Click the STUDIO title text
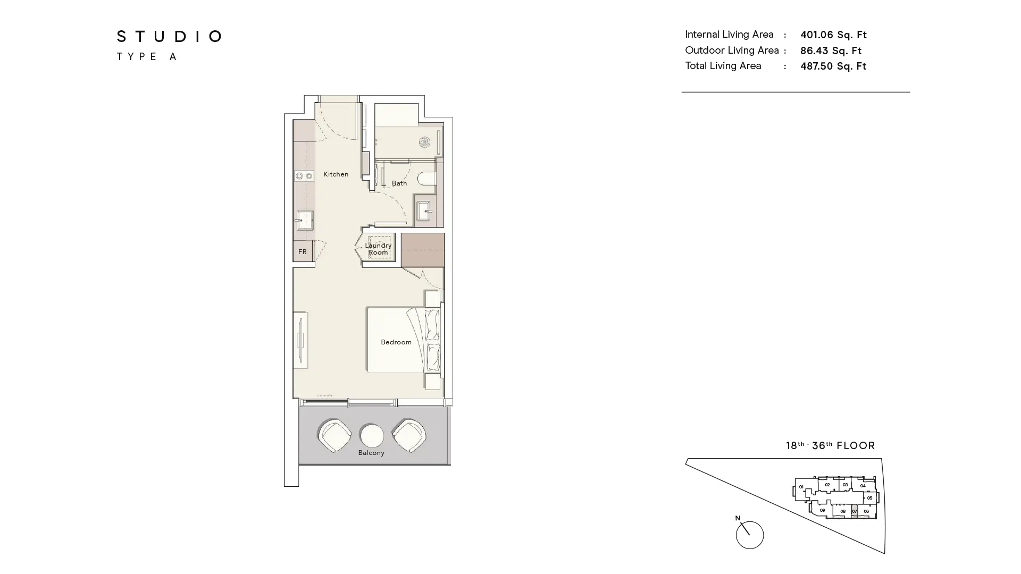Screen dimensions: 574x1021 pyautogui.click(x=169, y=37)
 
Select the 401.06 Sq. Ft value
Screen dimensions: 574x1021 pyautogui.click(x=833, y=35)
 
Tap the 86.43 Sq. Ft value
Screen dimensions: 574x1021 pyautogui.click(x=831, y=51)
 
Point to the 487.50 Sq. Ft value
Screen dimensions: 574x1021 pyautogui.click(x=833, y=66)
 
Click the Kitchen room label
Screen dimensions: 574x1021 pyautogui.click(x=336, y=174)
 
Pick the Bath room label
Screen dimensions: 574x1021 pyautogui.click(x=399, y=183)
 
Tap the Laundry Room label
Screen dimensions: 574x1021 pyautogui.click(x=378, y=249)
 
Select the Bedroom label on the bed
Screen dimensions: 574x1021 pyautogui.click(x=396, y=342)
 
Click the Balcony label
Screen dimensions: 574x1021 pyautogui.click(x=371, y=453)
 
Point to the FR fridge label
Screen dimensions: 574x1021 pyautogui.click(x=303, y=252)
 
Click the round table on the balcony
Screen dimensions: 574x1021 pyautogui.click(x=372, y=435)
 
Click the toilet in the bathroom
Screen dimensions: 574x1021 pyautogui.click(x=426, y=178)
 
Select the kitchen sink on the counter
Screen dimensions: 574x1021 pyautogui.click(x=305, y=220)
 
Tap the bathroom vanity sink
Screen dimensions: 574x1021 pyautogui.click(x=424, y=211)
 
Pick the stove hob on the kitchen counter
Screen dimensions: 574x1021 pyautogui.click(x=304, y=176)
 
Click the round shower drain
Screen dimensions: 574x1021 pyautogui.click(x=424, y=142)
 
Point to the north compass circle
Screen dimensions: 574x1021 pyautogui.click(x=750, y=535)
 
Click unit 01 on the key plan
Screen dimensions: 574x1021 pyautogui.click(x=801, y=487)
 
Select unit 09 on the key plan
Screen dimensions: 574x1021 pyautogui.click(x=822, y=510)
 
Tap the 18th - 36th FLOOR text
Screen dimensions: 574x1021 pyautogui.click(x=830, y=446)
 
